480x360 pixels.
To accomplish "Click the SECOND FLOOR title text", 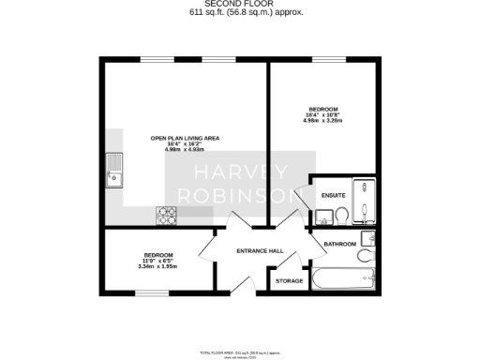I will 239,5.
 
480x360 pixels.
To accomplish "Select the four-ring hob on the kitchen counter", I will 168,215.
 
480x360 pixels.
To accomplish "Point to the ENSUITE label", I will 333,195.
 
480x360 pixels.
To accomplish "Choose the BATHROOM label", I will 340,244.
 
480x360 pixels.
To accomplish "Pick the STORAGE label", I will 289,280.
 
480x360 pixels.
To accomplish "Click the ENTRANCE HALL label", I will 260,251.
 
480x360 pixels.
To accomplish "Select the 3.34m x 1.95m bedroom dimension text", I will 157,267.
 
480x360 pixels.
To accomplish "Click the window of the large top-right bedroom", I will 328,61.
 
